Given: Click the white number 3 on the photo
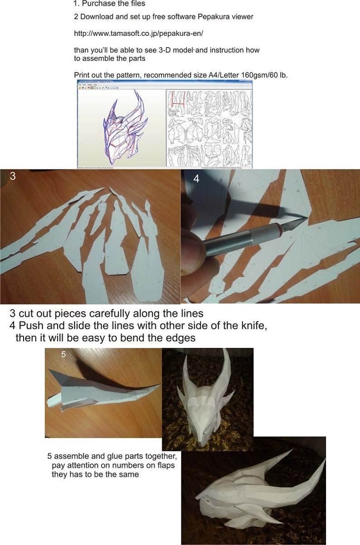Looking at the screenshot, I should coord(13,177).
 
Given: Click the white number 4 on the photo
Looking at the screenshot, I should coord(196,178).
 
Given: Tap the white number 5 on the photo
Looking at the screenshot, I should coord(63,354).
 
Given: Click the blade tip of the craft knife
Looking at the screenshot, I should coord(305,220).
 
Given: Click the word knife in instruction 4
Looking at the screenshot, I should coord(247,326).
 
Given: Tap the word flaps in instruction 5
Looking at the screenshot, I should coord(165,465).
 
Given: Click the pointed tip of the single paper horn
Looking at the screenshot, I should coord(160,386).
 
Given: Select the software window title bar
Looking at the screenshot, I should coord(164,82).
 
